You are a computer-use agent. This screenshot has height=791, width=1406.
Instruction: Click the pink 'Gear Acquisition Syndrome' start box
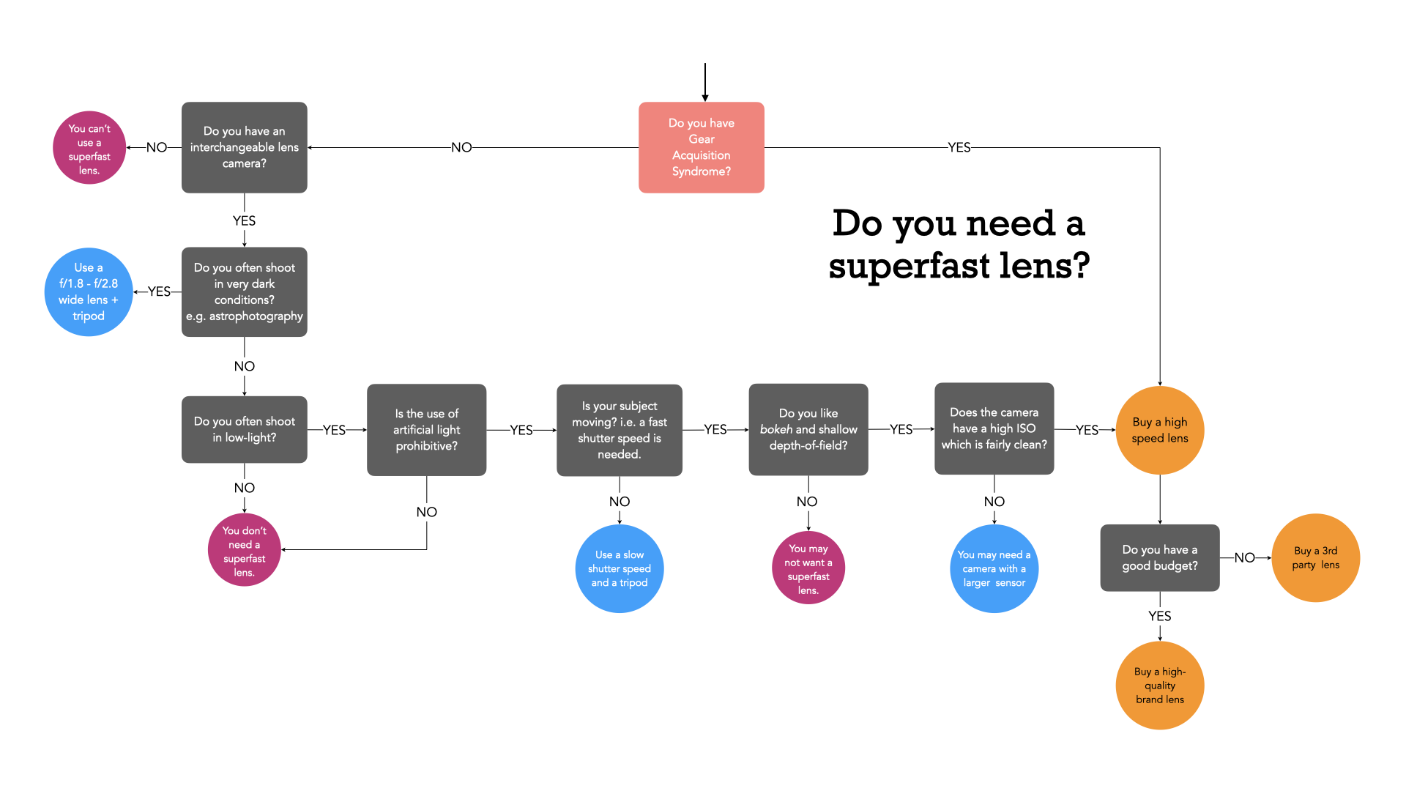click(x=701, y=147)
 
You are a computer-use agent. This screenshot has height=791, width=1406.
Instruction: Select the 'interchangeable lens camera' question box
click(x=244, y=147)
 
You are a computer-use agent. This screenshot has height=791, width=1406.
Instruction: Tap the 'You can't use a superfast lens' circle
click(x=89, y=148)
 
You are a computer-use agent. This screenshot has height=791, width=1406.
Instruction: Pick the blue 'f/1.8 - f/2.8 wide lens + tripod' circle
click(x=89, y=291)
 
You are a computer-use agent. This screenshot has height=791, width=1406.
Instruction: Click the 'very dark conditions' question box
click(x=244, y=291)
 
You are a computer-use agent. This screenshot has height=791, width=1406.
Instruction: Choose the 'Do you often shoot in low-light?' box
click(x=244, y=429)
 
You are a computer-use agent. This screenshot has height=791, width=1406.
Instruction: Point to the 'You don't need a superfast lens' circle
click(x=244, y=550)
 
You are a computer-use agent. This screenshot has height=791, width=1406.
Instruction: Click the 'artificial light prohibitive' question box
click(x=426, y=430)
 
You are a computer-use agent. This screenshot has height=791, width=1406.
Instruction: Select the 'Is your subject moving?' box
click(x=619, y=430)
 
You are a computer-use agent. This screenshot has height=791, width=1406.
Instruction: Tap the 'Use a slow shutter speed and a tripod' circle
click(x=619, y=568)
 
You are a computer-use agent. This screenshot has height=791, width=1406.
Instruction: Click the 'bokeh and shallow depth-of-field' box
click(x=808, y=429)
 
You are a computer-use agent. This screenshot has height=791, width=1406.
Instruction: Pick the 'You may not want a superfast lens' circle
click(x=808, y=568)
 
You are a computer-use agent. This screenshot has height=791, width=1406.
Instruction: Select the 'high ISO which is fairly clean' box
click(x=994, y=428)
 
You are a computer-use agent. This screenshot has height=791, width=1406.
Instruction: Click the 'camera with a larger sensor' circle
click(x=994, y=568)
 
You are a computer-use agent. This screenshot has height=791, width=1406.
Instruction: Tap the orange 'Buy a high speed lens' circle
click(x=1159, y=430)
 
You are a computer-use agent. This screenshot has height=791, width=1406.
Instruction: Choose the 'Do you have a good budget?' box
click(x=1159, y=557)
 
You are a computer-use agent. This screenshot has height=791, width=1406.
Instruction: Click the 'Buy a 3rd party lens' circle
click(x=1315, y=557)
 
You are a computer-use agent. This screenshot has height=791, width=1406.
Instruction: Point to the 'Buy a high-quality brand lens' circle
click(x=1159, y=686)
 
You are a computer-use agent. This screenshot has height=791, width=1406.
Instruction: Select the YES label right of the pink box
click(x=959, y=147)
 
